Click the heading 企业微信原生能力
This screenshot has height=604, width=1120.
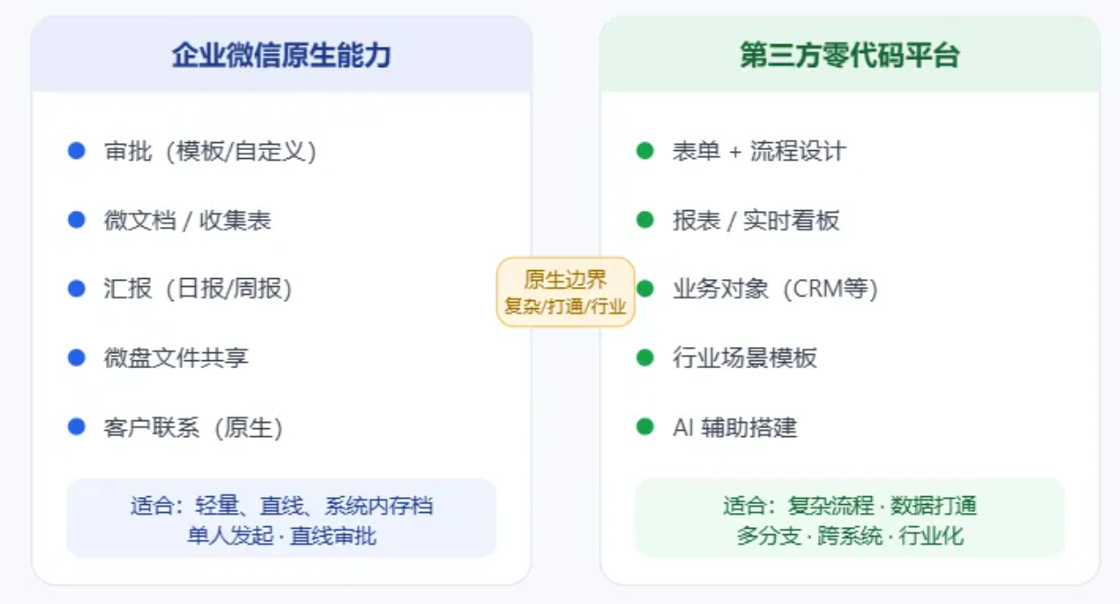tap(281, 55)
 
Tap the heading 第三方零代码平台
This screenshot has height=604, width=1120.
tap(850, 55)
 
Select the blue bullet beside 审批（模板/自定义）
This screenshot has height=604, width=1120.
tap(77, 150)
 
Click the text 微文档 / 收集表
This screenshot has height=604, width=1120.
tap(187, 220)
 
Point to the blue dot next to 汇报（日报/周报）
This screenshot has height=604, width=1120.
tap(77, 289)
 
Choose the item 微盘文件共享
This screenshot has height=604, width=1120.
tap(176, 358)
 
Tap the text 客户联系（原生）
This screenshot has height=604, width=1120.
tap(193, 427)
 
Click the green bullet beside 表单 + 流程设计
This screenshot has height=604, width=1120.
tap(645, 150)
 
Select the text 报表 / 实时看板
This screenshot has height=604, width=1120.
tap(756, 220)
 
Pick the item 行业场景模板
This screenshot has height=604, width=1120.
tap(745, 358)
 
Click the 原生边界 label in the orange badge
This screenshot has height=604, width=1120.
tap(565, 280)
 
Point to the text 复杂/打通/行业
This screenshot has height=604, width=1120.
tap(565, 306)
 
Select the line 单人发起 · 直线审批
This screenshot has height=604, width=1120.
tap(282, 536)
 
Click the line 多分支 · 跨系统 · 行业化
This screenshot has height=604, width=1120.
tap(850, 536)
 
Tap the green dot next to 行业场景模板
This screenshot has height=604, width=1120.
tap(645, 358)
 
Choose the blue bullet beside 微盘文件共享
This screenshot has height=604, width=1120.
tap(77, 358)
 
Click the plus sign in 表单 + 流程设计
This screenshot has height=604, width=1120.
tap(735, 152)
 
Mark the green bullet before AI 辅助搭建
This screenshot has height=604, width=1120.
tap(645, 427)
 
